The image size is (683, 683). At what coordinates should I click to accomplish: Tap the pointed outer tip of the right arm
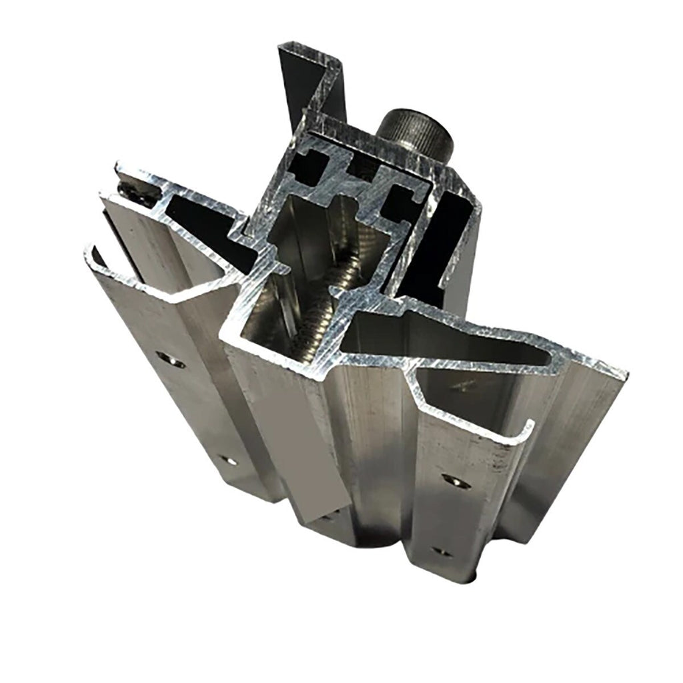(620, 374)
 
